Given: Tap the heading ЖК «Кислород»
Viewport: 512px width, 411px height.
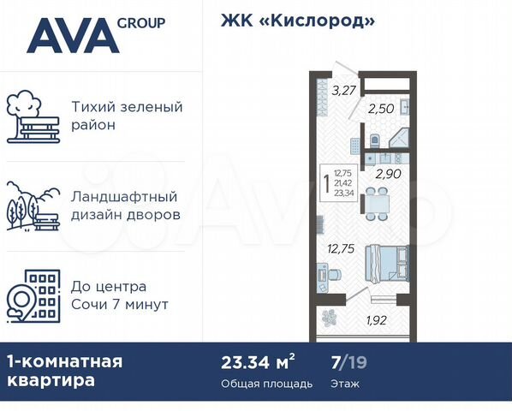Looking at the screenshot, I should click(x=298, y=21).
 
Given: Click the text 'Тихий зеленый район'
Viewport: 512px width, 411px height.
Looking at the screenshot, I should click(x=127, y=116).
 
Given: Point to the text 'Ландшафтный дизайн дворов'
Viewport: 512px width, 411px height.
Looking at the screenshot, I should click(x=127, y=205).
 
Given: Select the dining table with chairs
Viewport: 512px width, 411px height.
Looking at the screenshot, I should click(x=378, y=201).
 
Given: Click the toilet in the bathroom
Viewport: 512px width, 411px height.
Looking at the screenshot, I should click(x=374, y=140).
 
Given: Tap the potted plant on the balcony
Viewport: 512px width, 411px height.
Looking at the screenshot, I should click(x=330, y=317).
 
